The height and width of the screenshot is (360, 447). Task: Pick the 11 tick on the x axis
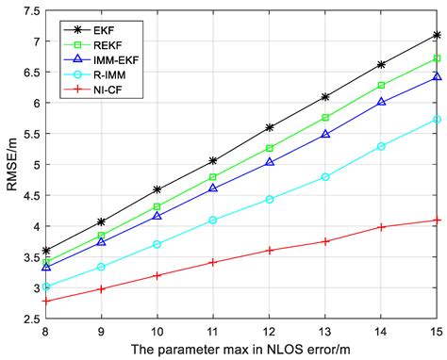click(213, 331)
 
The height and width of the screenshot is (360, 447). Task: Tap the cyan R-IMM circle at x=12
click(269, 200)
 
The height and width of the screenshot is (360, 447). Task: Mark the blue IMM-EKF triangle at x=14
click(380, 102)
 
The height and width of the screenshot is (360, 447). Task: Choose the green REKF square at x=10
click(157, 206)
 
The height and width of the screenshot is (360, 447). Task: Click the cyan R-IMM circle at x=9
click(102, 267)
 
